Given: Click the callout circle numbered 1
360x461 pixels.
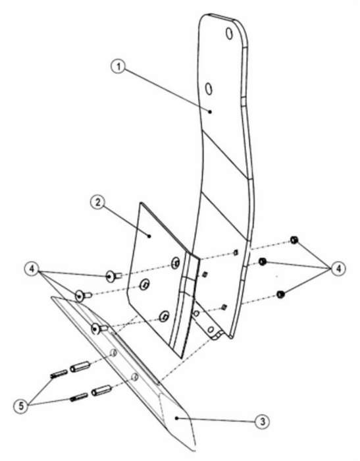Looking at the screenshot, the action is (118, 67).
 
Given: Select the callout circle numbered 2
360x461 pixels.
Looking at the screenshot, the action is (97, 202).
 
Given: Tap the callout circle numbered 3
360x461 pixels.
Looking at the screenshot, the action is (263, 421).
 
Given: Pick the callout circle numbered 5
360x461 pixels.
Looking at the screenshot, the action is (21, 406).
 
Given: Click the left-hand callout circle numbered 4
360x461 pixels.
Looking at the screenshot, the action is (32, 269).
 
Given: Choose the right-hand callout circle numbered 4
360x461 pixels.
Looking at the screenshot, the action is (338, 269).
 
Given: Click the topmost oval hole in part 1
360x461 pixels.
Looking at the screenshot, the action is (229, 33).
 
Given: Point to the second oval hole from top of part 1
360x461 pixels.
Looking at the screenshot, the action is (209, 88).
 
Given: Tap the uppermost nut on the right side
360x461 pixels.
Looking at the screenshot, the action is (294, 240).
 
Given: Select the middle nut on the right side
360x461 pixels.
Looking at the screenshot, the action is (263, 261).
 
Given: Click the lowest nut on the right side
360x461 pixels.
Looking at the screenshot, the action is (280, 294).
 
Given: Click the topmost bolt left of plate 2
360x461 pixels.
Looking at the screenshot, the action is (113, 277).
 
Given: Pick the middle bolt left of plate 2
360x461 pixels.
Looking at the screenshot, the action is (84, 295).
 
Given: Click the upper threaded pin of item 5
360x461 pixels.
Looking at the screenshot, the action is (59, 374).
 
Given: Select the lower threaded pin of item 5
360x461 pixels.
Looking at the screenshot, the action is (79, 397).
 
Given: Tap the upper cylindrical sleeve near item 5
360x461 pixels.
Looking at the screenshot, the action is (80, 366).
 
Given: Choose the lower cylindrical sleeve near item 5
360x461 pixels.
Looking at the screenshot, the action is (101, 390).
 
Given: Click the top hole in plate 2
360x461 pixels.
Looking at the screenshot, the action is (176, 262).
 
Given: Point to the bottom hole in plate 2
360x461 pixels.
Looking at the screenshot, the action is (164, 316).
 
